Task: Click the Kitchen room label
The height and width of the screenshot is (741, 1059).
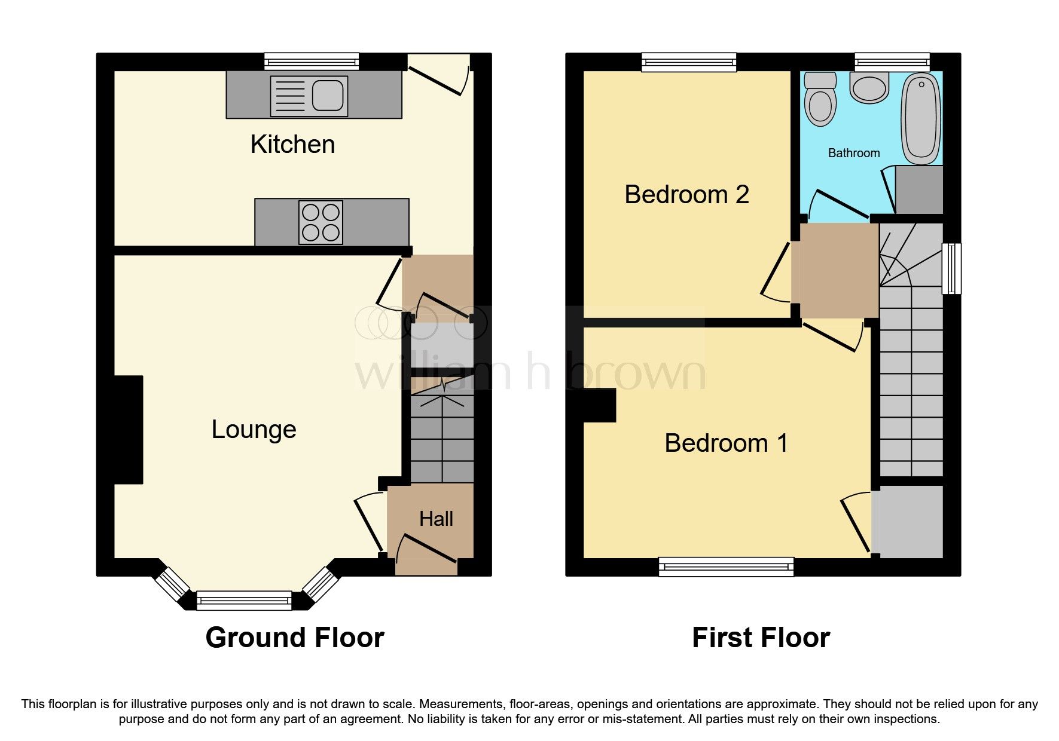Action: (292, 145)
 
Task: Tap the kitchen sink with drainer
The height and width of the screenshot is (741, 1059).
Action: (309, 96)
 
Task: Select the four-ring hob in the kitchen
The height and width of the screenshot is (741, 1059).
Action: (321, 222)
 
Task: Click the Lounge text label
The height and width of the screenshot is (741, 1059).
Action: (254, 430)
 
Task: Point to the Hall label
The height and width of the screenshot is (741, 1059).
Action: (436, 519)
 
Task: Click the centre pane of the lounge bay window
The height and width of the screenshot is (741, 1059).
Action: (244, 600)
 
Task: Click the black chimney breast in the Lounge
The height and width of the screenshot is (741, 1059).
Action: (128, 429)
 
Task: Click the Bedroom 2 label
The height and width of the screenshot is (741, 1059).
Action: (686, 195)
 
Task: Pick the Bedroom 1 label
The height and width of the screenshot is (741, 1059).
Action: (726, 443)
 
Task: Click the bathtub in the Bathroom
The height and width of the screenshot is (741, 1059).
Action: (921, 118)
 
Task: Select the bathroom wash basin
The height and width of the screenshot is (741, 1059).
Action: (869, 89)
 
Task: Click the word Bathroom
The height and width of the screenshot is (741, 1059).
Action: (853, 153)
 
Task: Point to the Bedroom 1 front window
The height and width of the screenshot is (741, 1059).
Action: (726, 566)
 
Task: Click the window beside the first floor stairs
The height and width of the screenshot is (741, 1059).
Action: (951, 268)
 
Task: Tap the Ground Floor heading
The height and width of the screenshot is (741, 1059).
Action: (294, 638)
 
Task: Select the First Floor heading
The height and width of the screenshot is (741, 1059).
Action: (761, 638)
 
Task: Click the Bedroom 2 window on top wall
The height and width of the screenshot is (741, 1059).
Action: (689, 62)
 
